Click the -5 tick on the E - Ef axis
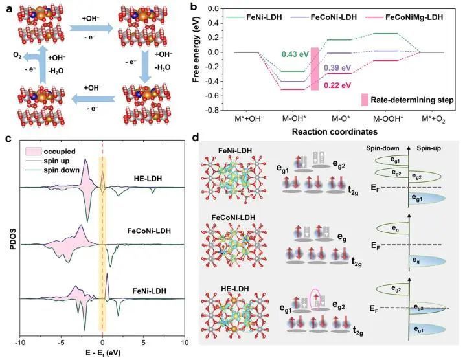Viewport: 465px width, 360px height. click(62, 341)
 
